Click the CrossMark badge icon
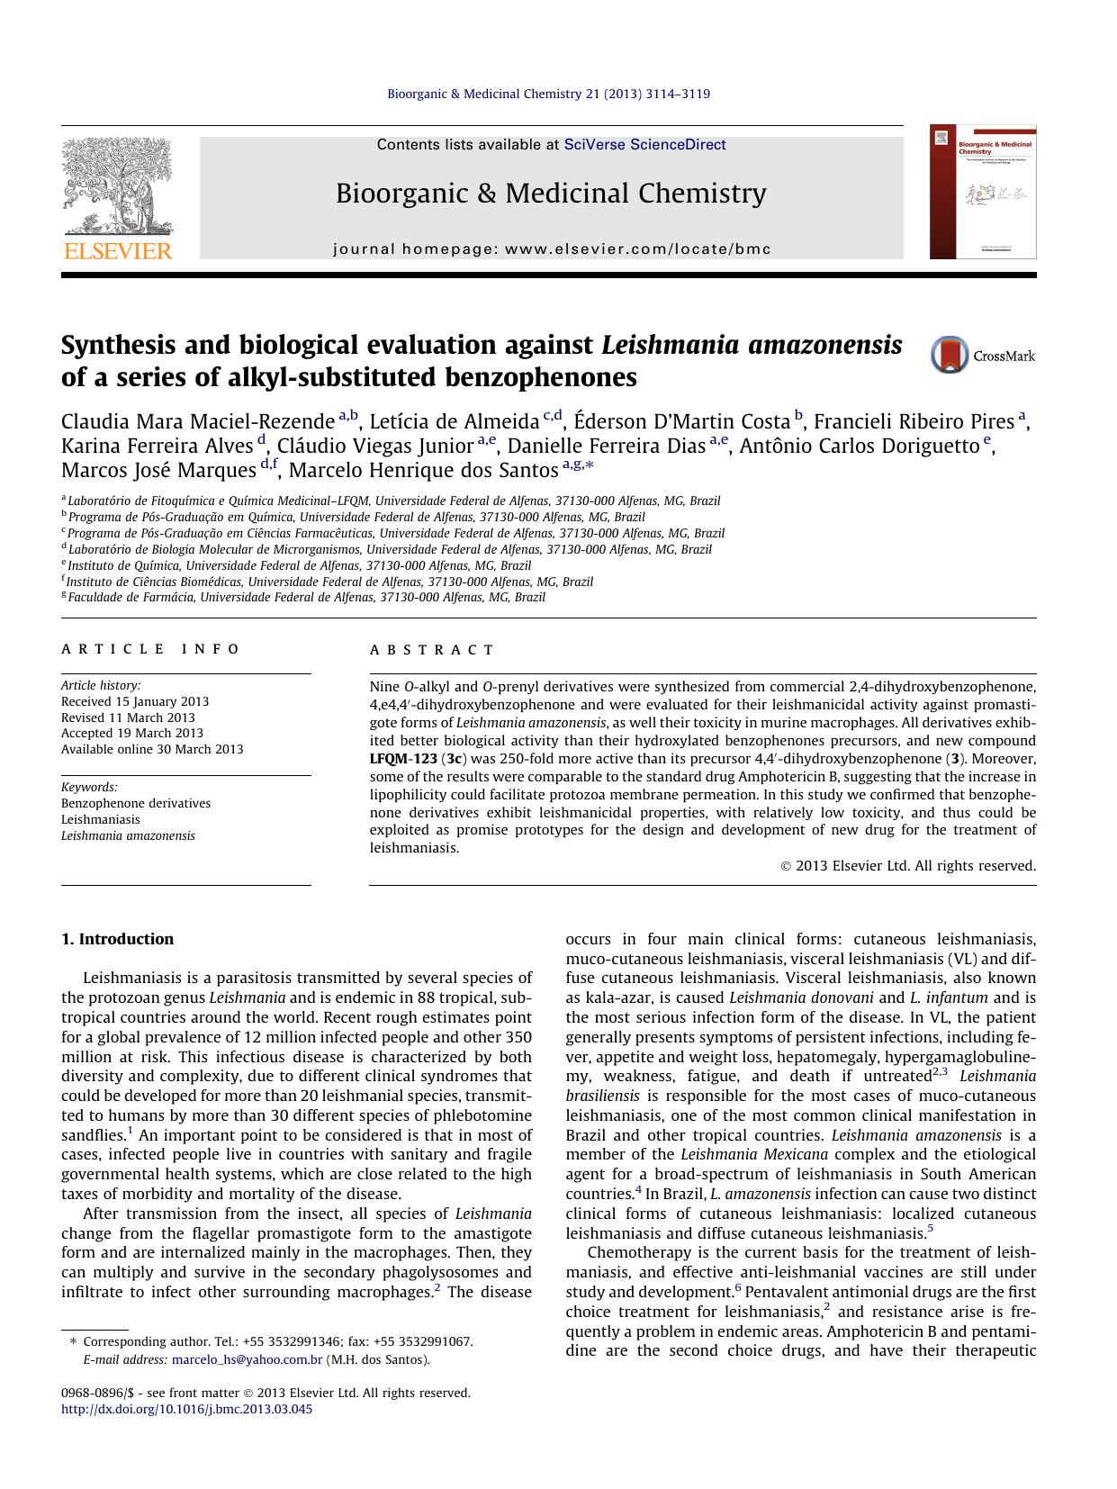point(949,355)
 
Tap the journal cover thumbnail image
point(983,193)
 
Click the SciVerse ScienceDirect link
point(644,145)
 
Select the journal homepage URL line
point(552,249)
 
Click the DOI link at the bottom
point(186,1409)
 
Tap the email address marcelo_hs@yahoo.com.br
point(247,1359)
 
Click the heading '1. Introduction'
point(117,939)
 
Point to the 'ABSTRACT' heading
point(432,650)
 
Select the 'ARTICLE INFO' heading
point(150,649)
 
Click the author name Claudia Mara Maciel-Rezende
point(198,421)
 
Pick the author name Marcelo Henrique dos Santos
point(423,470)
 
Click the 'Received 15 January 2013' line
point(135,701)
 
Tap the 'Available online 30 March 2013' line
point(152,749)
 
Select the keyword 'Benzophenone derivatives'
point(136,803)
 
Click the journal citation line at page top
point(548,94)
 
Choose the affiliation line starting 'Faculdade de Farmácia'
point(306,597)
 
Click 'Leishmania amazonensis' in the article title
point(752,345)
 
